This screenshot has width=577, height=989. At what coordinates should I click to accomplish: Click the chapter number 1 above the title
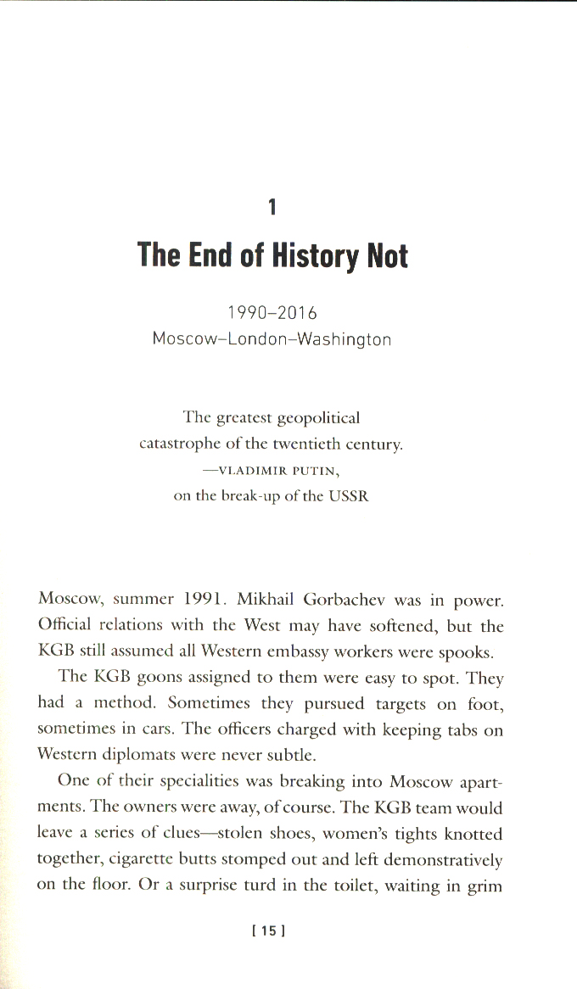click(272, 206)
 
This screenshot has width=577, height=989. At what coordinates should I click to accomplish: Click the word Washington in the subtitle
click(344, 338)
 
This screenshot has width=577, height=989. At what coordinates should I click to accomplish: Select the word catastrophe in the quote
click(180, 443)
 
